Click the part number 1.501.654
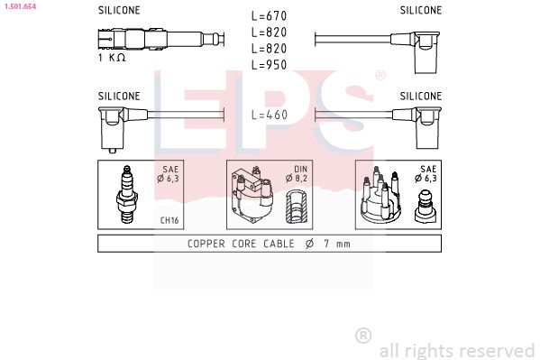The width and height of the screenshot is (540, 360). [19, 6]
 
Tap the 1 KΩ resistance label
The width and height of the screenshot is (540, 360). [112, 57]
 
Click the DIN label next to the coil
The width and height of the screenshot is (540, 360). [299, 169]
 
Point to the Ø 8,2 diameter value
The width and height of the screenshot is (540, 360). [299, 179]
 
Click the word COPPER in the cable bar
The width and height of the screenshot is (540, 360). [207, 244]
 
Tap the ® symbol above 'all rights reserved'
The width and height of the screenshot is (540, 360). [364, 336]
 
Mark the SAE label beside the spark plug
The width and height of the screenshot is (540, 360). [169, 169]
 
